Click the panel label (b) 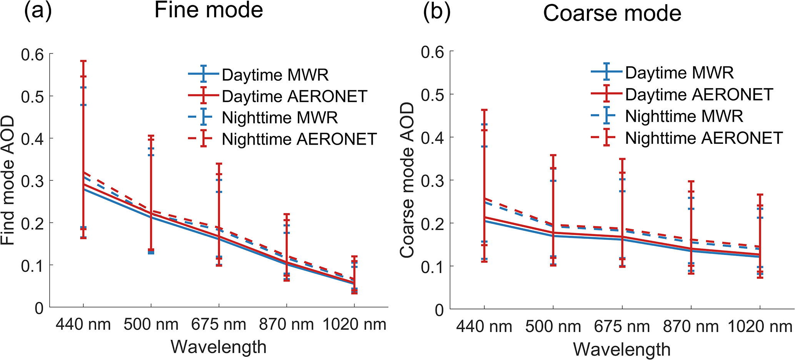click(x=437, y=13)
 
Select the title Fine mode click(x=208, y=10)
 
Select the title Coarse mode click(x=612, y=13)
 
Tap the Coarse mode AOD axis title click(x=407, y=180)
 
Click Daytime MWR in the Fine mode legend click(x=275, y=75)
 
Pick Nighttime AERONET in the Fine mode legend click(x=299, y=139)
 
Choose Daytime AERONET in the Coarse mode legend click(x=699, y=95)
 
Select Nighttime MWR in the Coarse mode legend click(x=684, y=116)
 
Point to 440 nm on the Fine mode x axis click(x=83, y=325)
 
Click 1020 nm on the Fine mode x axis click(x=354, y=325)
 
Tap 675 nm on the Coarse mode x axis click(x=622, y=327)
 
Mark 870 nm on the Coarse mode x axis click(x=691, y=327)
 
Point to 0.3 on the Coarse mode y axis click(x=433, y=180)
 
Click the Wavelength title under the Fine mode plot click(x=218, y=347)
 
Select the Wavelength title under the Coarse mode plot click(x=622, y=350)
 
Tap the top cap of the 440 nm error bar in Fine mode click(x=83, y=61)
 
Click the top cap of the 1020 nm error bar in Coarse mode click(x=760, y=195)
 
